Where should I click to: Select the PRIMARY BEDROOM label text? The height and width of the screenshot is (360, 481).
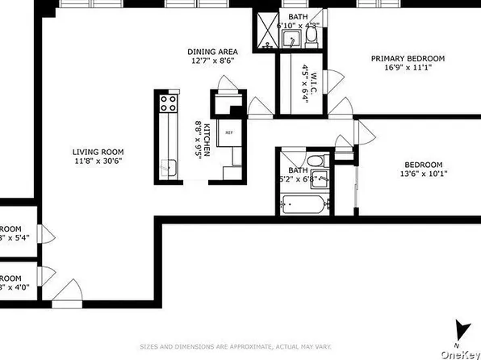(408, 58)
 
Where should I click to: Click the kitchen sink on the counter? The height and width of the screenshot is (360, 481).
(169, 167)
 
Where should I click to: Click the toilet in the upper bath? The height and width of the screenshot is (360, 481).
(313, 34)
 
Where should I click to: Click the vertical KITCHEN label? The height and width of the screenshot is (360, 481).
(206, 138)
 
